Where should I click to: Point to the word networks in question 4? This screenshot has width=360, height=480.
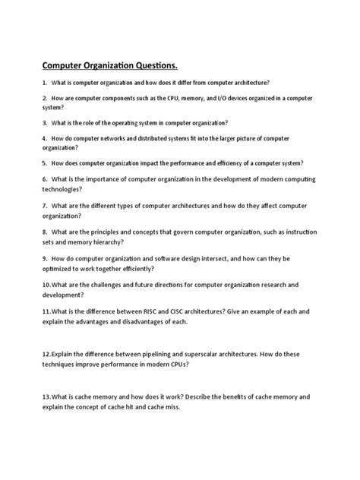[120, 139]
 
